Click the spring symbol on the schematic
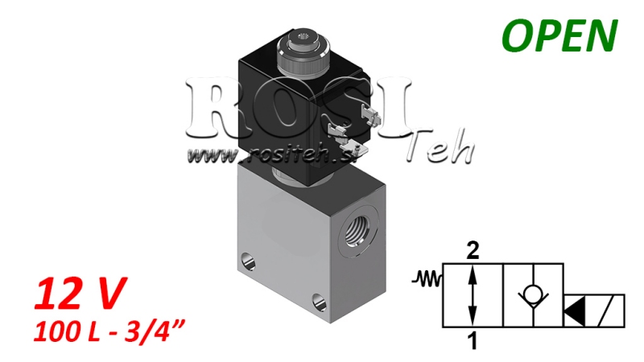(427, 279)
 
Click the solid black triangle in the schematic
(577, 311)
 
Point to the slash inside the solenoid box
(611, 311)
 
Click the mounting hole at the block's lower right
(320, 302)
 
